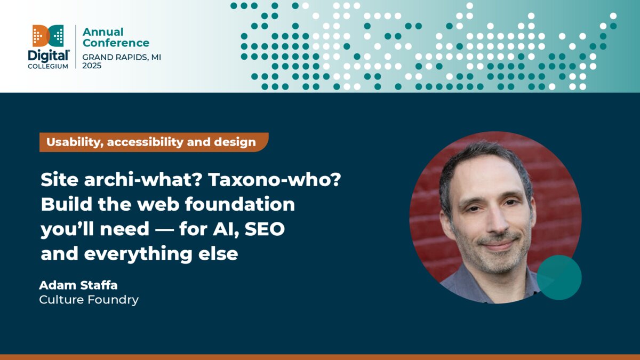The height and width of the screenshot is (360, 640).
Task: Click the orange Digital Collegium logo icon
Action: (x=49, y=35)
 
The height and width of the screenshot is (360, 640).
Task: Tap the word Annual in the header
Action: (x=103, y=32)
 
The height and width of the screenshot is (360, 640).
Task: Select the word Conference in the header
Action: (x=116, y=43)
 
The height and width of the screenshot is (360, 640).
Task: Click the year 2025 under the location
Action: (x=92, y=66)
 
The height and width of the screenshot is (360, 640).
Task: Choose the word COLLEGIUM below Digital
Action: (x=49, y=66)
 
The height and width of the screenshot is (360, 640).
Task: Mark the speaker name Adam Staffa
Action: (x=78, y=285)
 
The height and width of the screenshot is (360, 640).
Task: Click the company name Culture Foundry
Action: (x=89, y=300)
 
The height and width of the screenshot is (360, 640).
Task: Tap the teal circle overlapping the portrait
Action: (x=559, y=277)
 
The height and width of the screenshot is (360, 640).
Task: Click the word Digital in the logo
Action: (x=49, y=55)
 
